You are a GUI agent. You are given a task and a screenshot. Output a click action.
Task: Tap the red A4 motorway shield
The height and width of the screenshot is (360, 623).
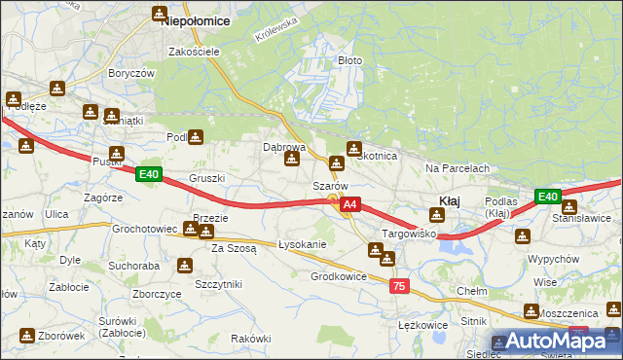351,205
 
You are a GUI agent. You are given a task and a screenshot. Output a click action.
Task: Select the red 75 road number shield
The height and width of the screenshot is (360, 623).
398,286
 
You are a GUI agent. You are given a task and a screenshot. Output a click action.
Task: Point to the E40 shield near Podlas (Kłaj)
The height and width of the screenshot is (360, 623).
547,197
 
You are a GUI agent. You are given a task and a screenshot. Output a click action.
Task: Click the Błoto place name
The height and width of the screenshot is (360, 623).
349,60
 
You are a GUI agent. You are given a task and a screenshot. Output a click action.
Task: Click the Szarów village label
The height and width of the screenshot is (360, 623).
330,185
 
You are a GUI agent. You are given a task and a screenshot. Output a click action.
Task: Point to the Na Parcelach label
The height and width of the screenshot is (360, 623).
457,168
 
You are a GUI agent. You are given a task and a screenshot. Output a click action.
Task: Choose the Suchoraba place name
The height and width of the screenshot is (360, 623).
134,265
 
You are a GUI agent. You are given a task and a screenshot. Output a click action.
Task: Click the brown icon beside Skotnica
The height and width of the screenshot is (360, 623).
353,148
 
